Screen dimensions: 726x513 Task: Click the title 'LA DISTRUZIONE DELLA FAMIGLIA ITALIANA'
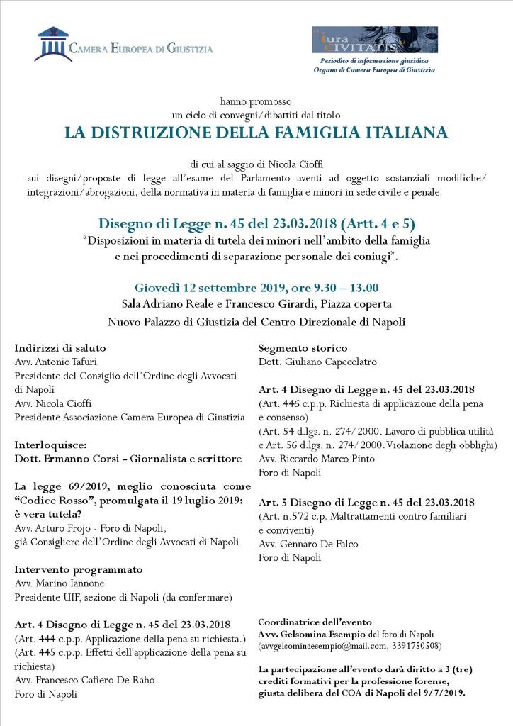(x=256, y=133)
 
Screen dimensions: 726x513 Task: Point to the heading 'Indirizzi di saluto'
(x=60, y=348)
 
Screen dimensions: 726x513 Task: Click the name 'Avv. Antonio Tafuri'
(x=57, y=362)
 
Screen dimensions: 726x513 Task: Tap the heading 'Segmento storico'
(x=303, y=348)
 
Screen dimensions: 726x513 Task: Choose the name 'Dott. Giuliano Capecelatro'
(x=317, y=362)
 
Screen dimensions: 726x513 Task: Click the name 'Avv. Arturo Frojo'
(x=57, y=528)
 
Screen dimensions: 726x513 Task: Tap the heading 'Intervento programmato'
(x=79, y=569)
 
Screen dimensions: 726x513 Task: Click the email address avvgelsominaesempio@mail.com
(x=325, y=646)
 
